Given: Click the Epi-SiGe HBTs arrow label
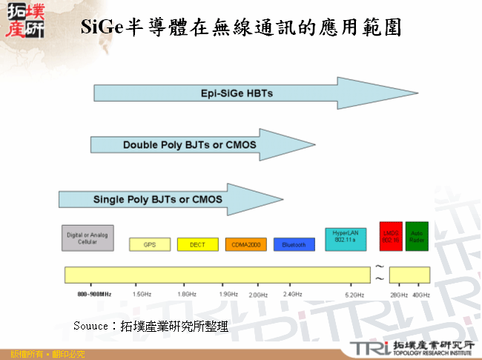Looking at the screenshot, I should click(x=237, y=94).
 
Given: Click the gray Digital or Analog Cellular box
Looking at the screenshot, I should click(x=88, y=237).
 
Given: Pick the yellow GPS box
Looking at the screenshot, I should click(x=151, y=244).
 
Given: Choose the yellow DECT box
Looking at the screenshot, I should click(x=198, y=244).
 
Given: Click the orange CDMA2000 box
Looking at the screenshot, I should click(x=245, y=244).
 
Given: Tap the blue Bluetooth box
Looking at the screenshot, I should click(x=294, y=244).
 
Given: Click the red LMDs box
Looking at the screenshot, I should click(x=391, y=236).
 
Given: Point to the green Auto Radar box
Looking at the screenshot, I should click(x=417, y=236).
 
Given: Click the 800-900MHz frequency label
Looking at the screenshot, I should click(x=94, y=295).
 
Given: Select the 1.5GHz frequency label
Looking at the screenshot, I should click(x=142, y=295).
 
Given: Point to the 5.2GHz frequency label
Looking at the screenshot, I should click(x=354, y=295).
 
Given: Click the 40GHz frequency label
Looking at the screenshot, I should click(x=421, y=295).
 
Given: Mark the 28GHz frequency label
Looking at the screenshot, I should click(x=399, y=295).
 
